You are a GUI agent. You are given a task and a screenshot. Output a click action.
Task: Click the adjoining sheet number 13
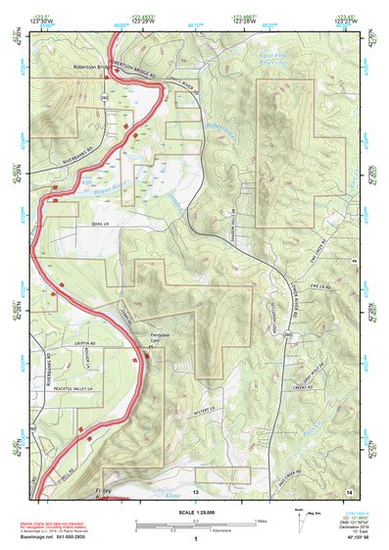[195, 490]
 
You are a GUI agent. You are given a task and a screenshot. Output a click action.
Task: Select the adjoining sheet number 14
[350, 489]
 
